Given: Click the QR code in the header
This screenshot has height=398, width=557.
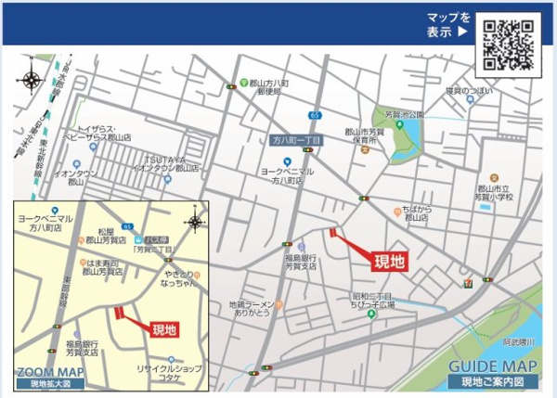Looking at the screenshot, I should (x=510, y=45).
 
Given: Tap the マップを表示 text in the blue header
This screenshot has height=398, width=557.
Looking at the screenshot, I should (x=448, y=25).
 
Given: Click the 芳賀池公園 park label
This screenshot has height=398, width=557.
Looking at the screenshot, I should (x=403, y=115).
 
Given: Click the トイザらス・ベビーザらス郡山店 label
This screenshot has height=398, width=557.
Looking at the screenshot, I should (x=104, y=133).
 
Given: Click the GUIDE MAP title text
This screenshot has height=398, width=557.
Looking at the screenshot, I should (x=493, y=366).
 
